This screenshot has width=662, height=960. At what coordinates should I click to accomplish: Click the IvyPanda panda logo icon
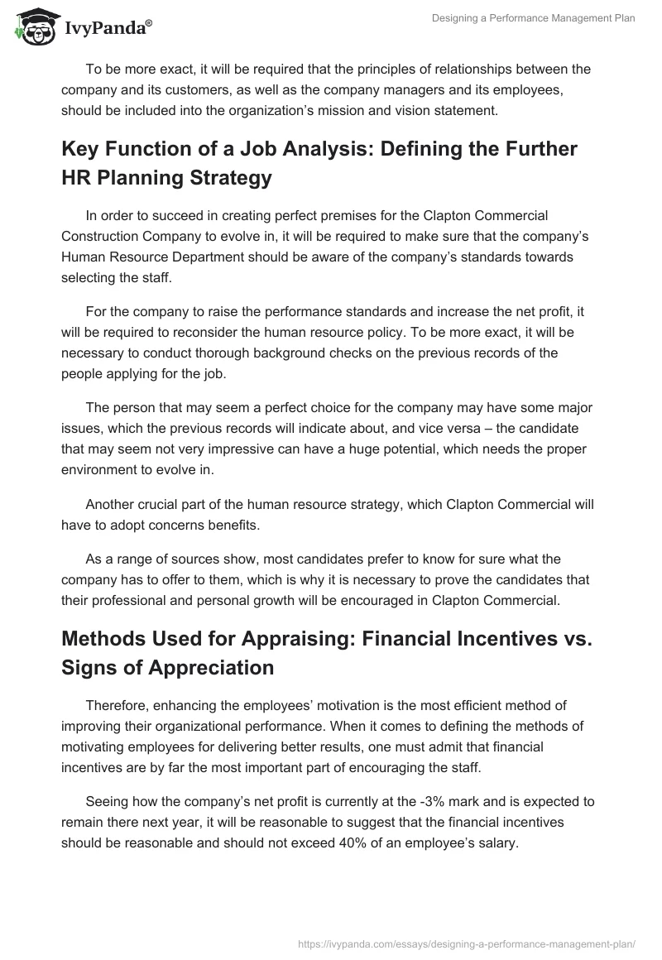[x=32, y=28]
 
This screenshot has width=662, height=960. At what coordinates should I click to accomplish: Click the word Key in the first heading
[x=80, y=149]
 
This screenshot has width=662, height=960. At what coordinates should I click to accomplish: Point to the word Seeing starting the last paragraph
[x=108, y=801]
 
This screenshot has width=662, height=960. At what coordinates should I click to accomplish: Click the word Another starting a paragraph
[x=112, y=505]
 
